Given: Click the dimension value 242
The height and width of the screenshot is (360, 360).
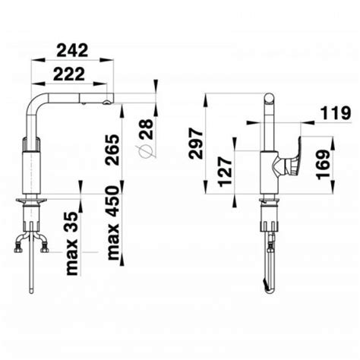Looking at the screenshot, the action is [x=72, y=50].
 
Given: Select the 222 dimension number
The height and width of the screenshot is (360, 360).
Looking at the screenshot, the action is [x=69, y=74].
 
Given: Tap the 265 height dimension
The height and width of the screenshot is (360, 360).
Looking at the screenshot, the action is [x=112, y=150].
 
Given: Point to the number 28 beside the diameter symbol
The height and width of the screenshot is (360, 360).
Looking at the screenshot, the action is [x=147, y=129].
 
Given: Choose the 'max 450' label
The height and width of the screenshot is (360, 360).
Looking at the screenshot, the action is [x=113, y=223].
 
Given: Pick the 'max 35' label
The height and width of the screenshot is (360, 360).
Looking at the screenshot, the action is [x=72, y=244].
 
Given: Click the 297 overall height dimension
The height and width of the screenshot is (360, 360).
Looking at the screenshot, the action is [x=196, y=144].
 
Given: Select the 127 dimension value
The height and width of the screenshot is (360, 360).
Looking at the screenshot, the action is [x=225, y=172].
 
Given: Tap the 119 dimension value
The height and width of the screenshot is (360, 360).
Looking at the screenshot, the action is [x=336, y=112].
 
